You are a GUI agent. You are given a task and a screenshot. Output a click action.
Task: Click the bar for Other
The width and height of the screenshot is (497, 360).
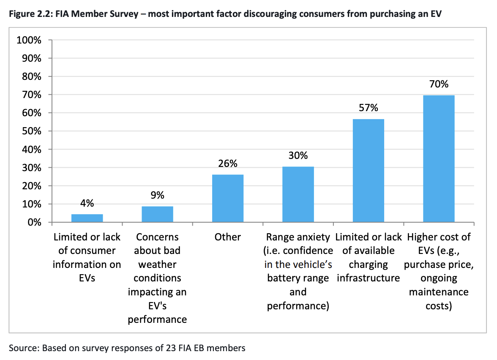tap(227, 198)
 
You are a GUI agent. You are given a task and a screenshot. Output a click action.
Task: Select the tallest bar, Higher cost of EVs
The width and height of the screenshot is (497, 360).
tap(438, 158)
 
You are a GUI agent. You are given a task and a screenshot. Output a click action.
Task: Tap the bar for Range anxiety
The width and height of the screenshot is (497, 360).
tap(298, 194)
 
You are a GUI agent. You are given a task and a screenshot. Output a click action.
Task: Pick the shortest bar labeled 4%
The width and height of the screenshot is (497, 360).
tap(87, 218)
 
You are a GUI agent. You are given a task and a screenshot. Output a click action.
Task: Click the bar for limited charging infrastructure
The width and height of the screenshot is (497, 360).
tap(368, 170)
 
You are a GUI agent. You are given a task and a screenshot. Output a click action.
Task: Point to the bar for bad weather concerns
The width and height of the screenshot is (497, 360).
tap(157, 214)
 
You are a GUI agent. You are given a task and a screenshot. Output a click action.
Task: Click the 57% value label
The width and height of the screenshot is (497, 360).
tap(368, 108)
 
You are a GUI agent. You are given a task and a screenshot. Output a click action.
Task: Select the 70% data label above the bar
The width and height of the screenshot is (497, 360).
tap(438, 84)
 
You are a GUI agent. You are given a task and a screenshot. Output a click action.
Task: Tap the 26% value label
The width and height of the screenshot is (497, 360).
tap(227, 164)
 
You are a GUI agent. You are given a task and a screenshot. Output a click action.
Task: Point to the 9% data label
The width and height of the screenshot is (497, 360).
tap(157, 195)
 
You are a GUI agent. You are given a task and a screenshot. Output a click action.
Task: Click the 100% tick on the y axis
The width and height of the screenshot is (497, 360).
tap(29, 41)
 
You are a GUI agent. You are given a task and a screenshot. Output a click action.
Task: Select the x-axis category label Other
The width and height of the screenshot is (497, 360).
tap(227, 237)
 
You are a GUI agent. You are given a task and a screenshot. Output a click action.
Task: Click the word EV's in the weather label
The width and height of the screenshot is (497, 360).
tap(157, 305)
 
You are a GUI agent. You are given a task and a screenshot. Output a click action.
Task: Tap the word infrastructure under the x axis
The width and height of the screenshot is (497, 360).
tap(368, 278)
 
